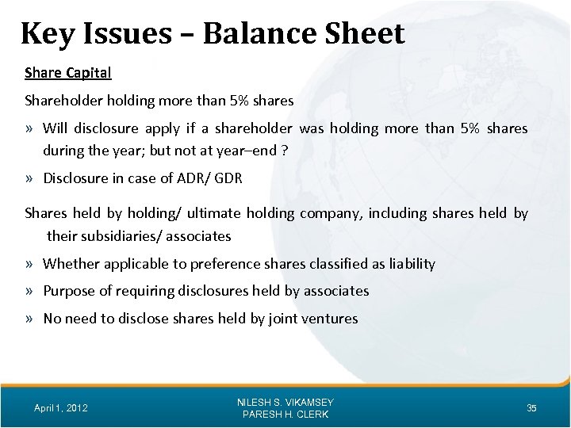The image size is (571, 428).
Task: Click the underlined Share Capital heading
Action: [68, 73]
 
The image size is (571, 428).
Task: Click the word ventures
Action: [331, 319]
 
